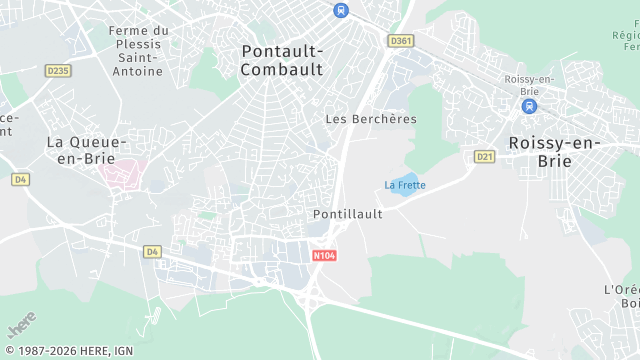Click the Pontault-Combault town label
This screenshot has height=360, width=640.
point(282,59)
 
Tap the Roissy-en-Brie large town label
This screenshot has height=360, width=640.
point(554,151)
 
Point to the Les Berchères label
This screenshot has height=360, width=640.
point(371,119)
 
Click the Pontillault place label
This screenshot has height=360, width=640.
point(347,214)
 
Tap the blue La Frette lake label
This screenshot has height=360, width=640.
point(405,185)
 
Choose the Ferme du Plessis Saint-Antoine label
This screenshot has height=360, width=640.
point(139,50)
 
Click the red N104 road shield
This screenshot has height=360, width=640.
point(322,256)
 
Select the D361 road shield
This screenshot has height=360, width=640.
point(400,41)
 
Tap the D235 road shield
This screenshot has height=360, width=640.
point(59,70)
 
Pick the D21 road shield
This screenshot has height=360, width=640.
point(485,156)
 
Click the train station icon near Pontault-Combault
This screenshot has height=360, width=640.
point(341,10)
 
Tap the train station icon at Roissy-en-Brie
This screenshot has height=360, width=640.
point(529,106)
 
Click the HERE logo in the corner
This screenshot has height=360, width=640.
point(21,328)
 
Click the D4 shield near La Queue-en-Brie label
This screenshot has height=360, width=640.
point(19,179)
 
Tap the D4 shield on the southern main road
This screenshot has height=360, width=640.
point(152,251)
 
